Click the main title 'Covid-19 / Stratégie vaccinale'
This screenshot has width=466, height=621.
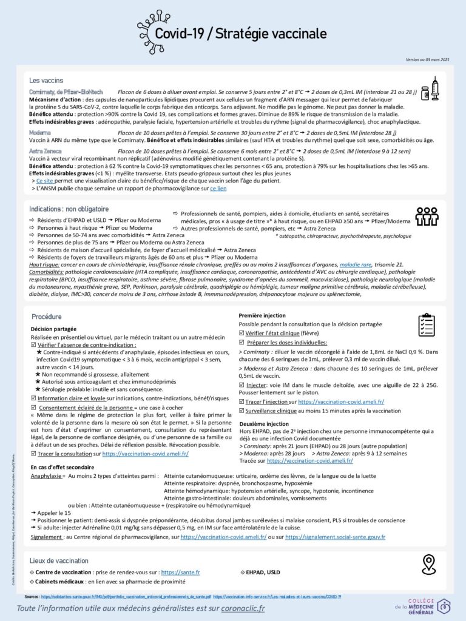(x=240, y=34)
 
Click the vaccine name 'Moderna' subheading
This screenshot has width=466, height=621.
(x=40, y=132)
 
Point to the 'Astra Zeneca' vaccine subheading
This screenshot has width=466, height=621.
(x=45, y=151)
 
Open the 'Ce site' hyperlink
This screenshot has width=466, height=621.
(x=45, y=181)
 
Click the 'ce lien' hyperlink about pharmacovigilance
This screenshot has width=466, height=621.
(x=218, y=189)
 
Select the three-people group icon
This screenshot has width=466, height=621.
(x=427, y=216)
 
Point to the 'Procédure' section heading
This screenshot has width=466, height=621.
(x=47, y=317)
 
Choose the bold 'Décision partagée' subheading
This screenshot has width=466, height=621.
(x=53, y=329)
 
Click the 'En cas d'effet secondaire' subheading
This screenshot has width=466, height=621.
(x=62, y=468)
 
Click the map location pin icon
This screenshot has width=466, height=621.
(x=428, y=564)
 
